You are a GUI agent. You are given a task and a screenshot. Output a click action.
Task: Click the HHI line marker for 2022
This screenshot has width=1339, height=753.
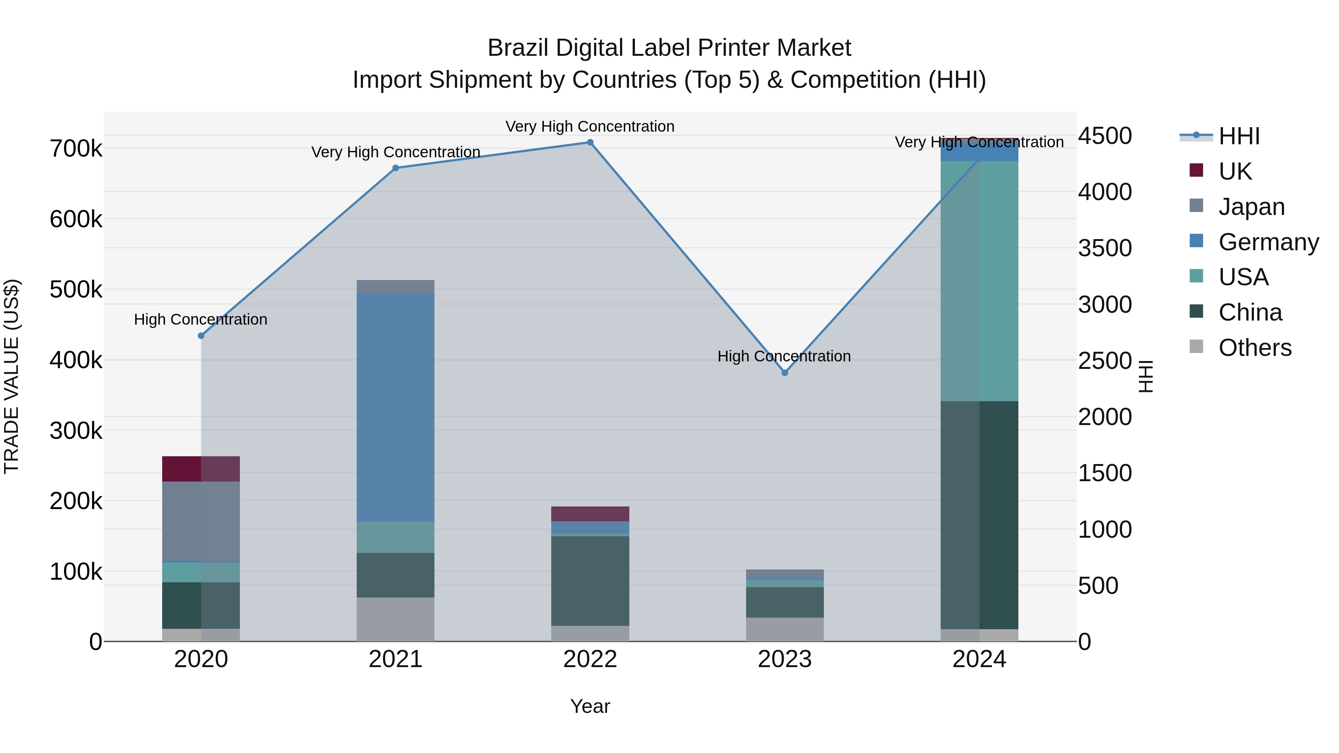tap(590, 142)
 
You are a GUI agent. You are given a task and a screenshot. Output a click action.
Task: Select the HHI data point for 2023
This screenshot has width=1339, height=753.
tap(785, 373)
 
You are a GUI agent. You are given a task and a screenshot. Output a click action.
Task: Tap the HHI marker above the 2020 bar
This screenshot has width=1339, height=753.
tap(201, 336)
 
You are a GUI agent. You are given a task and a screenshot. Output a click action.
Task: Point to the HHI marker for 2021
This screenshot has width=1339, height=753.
tap(396, 168)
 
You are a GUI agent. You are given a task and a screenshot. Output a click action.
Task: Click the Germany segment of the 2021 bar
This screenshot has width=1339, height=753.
tap(396, 407)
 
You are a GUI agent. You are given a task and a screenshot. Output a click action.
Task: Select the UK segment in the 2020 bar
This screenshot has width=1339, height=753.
tap(201, 469)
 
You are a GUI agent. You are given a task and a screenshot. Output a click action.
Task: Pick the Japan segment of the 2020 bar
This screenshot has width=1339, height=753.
tap(201, 521)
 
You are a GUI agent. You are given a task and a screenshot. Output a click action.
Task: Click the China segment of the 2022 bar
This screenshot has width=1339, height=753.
tap(590, 580)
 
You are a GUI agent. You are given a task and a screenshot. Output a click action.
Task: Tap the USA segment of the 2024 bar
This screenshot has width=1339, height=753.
tap(979, 281)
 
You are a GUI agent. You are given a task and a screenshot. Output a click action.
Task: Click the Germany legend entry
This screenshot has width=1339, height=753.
tap(1268, 242)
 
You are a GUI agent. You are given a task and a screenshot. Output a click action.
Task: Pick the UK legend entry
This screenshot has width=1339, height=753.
tap(1234, 171)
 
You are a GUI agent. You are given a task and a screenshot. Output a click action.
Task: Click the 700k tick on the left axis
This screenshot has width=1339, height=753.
tap(76, 149)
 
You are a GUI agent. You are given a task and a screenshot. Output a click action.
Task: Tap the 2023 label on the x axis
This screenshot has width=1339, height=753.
tap(785, 659)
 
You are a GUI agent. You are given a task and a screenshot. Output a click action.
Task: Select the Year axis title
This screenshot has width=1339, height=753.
tap(590, 706)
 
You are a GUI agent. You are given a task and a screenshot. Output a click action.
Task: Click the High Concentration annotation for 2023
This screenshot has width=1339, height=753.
tap(784, 357)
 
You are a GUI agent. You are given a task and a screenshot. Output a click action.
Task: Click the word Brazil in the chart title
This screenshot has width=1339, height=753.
tap(518, 48)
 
